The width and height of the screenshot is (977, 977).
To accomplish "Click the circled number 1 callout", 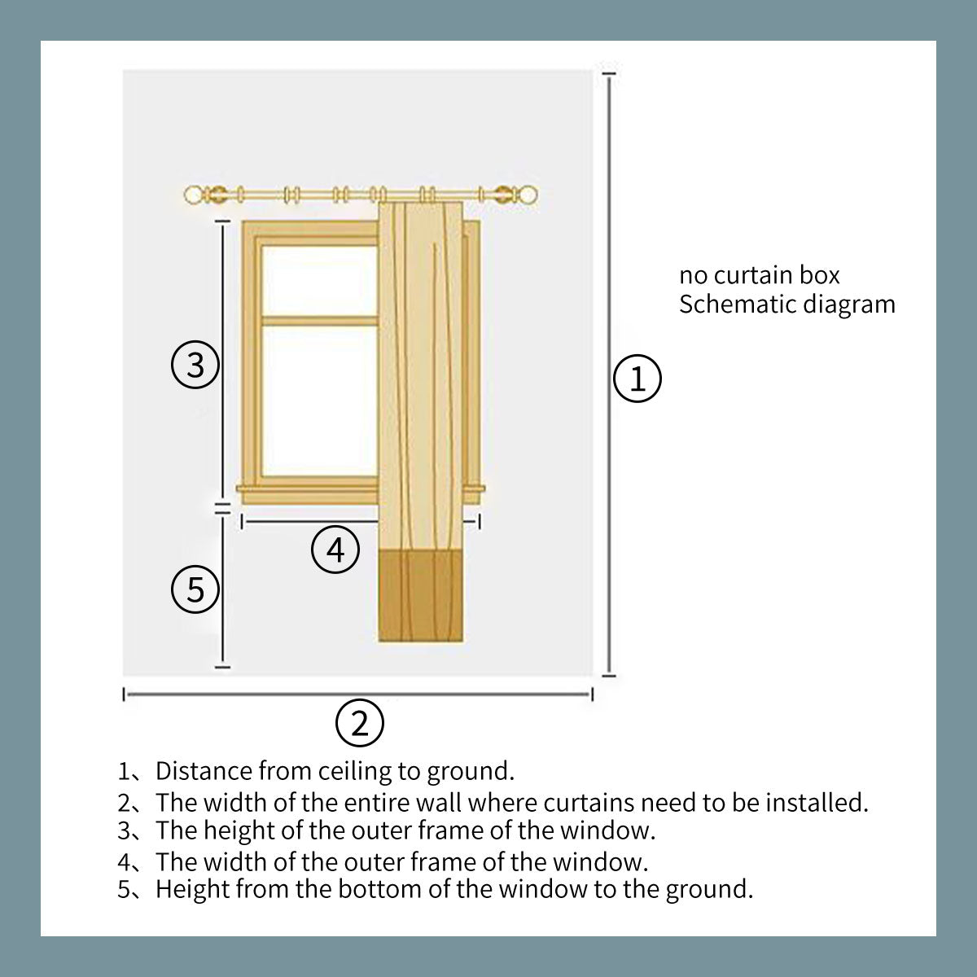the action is pyautogui.click(x=637, y=379).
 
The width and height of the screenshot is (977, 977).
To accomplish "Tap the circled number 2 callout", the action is pyautogui.click(x=360, y=723).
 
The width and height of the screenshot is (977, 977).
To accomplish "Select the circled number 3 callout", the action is pyautogui.click(x=195, y=365).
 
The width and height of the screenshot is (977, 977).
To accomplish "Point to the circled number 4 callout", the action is pyautogui.click(x=335, y=549).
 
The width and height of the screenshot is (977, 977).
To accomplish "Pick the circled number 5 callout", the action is pyautogui.click(x=195, y=589).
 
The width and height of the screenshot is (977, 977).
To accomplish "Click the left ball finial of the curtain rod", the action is pyautogui.click(x=193, y=195).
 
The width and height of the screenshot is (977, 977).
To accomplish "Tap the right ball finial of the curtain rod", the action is pyautogui.click(x=528, y=195).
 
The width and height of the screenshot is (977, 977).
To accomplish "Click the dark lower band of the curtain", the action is pyautogui.click(x=421, y=597).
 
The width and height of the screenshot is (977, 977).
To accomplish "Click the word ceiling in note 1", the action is pyautogui.click(x=355, y=771).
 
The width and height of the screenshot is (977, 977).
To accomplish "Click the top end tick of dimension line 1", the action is pyautogui.click(x=608, y=73).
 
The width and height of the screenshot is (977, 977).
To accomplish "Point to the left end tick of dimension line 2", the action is pyautogui.click(x=125, y=694).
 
